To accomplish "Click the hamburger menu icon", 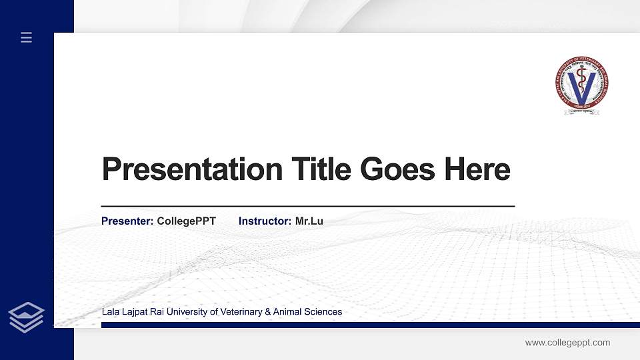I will [x=26, y=38].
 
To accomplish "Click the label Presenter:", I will [x=127, y=221].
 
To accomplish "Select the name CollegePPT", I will [x=187, y=221].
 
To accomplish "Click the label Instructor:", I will [x=265, y=221].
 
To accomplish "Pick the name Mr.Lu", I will [x=309, y=221].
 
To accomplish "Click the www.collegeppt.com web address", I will [x=567, y=343].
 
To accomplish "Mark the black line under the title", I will [x=307, y=207].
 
